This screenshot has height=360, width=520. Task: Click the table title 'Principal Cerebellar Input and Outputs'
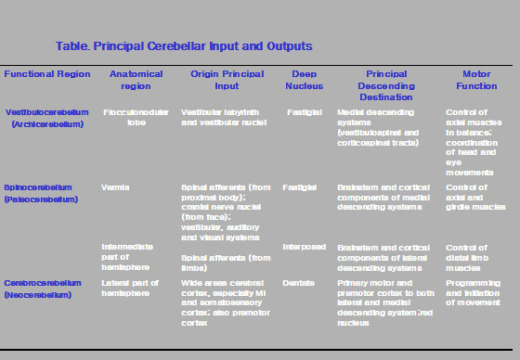click(183, 45)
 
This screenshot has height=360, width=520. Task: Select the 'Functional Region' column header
click(47, 73)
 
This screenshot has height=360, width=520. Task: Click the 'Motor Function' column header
click(475, 79)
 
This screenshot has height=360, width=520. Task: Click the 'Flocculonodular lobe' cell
click(136, 118)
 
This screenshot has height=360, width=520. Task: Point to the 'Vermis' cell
click(116, 187)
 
